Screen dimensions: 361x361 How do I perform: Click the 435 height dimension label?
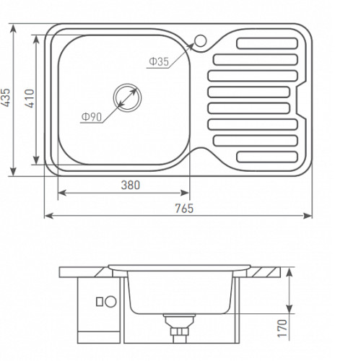click(6, 97)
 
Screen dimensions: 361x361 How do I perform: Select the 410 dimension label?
click(30, 98)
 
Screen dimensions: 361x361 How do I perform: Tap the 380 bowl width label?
click(131, 185)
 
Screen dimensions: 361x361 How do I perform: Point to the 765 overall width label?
click(184, 209)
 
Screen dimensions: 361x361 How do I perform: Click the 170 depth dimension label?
click(282, 329)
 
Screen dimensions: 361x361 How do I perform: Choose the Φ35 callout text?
click(159, 62)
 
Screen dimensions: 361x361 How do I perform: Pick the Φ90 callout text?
click(92, 117)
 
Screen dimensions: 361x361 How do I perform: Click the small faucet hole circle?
click(200, 40)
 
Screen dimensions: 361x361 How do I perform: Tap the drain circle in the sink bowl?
click(127, 97)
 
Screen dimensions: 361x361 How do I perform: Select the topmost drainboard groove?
click(267, 43)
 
